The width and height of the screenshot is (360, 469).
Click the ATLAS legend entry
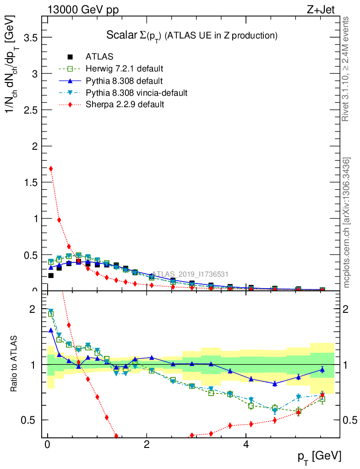(100, 57)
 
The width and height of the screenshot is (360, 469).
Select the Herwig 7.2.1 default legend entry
(124, 69)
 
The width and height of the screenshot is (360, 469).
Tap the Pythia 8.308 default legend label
(124, 81)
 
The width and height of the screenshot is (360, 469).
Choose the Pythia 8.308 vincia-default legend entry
(136, 93)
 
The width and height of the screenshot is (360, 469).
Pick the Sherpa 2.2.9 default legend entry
(125, 104)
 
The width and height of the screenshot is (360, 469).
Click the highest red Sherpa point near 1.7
(51, 169)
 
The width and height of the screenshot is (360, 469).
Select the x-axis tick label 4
(246, 445)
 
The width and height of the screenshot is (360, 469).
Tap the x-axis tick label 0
(47, 445)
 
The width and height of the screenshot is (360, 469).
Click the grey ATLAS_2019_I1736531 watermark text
(190, 274)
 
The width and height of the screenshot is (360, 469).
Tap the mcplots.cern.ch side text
(347, 223)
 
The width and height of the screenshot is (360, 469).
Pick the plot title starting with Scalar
(192, 35)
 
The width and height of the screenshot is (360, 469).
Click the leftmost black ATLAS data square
(51, 275)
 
